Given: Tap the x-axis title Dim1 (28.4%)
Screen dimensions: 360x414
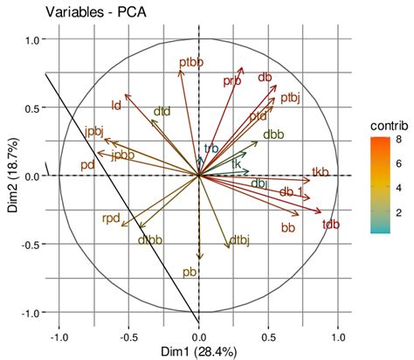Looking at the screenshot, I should [199, 351].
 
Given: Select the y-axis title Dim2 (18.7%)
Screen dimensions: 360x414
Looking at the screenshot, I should [10, 176].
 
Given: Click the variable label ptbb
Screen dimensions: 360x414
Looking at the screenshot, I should [190, 62].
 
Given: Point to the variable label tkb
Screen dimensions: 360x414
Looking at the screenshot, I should [321, 171].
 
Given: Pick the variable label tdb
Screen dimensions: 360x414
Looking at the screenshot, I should [331, 225].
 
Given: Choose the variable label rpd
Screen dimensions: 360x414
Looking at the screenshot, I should [111, 218].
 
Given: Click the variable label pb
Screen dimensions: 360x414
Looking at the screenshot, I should [190, 272].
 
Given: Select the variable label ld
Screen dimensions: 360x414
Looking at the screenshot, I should [115, 106].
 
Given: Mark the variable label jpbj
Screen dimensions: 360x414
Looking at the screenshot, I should [94, 131].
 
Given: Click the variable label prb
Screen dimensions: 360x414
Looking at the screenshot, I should [231, 80].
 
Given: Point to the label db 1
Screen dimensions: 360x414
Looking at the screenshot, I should [292, 191].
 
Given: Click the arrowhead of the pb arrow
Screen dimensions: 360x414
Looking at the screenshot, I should [199, 258].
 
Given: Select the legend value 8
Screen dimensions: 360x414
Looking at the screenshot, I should [400, 137].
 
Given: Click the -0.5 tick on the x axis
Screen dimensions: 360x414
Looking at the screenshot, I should [128, 335].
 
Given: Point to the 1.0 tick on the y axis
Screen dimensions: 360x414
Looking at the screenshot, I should [34, 39].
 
